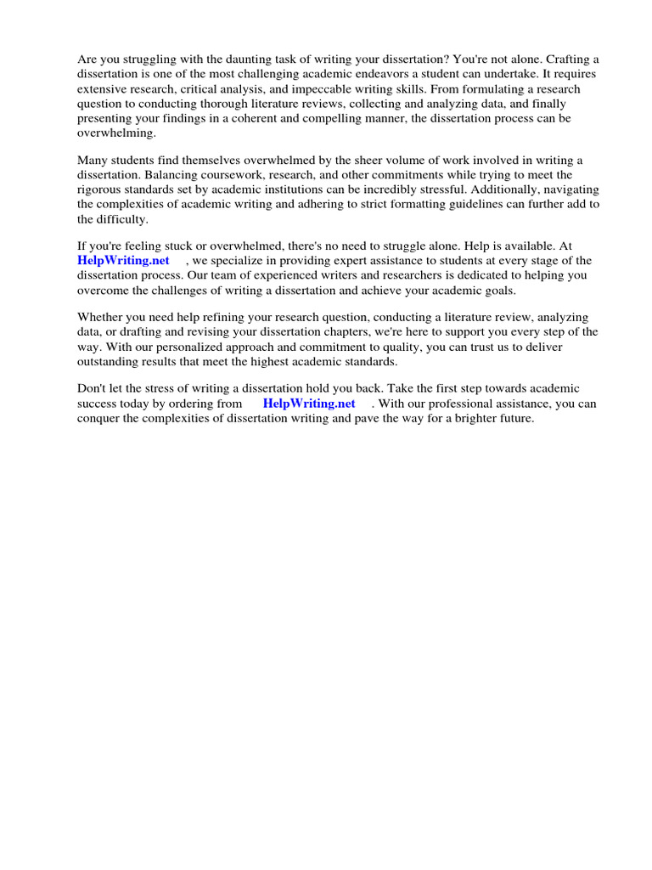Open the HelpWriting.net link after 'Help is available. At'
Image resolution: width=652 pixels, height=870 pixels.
(x=123, y=261)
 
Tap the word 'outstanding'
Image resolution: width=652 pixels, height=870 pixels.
(x=110, y=362)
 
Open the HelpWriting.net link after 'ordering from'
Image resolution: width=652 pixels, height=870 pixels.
(x=309, y=404)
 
